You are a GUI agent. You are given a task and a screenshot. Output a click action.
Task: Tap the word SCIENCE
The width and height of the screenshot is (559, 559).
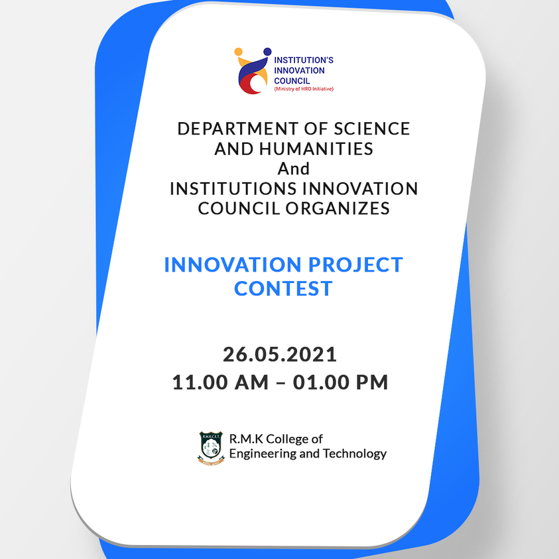pyautogui.click(x=371, y=129)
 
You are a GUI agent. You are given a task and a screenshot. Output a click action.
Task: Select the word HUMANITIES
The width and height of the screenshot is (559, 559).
pyautogui.click(x=316, y=149)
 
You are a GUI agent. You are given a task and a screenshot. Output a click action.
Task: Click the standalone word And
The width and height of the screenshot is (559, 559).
pyautogui.click(x=293, y=168)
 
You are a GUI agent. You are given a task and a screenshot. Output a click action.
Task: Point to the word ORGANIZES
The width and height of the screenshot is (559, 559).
pyautogui.click(x=338, y=209)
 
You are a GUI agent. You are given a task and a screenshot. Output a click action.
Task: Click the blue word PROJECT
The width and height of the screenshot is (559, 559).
pyautogui.click(x=355, y=265)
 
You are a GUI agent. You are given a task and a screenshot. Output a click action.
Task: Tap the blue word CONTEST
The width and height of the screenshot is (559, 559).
pyautogui.click(x=283, y=288)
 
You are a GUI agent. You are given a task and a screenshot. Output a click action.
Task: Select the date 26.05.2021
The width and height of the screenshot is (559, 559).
pyautogui.click(x=280, y=355)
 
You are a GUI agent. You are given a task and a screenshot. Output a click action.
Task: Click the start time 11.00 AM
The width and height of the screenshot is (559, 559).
pyautogui.click(x=220, y=382)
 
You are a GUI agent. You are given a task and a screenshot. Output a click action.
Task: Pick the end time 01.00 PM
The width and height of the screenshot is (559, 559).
pyautogui.click(x=340, y=382)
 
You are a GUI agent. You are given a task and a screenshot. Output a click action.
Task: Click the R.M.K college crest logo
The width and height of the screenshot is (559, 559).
pyautogui.click(x=211, y=448)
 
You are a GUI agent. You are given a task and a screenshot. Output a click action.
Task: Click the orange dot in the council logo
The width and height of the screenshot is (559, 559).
pyautogui.click(x=239, y=52)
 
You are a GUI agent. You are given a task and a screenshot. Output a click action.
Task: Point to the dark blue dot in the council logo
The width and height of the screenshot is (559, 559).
pyautogui.click(x=267, y=52)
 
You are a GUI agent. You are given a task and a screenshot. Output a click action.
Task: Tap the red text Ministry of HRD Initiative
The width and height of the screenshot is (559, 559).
pyautogui.click(x=304, y=89)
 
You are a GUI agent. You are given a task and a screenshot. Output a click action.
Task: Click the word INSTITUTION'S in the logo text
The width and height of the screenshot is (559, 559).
pyautogui.click(x=304, y=60)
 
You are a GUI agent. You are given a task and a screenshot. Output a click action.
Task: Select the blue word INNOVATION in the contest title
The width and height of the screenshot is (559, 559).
pyautogui.click(x=233, y=265)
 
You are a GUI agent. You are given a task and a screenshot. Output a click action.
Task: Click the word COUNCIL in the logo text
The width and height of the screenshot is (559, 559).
pyautogui.click(x=292, y=81)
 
